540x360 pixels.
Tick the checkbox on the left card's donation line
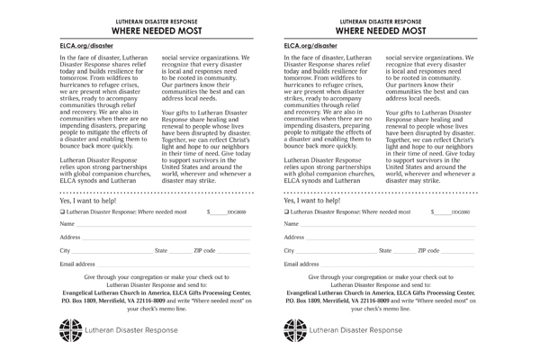point(62,211)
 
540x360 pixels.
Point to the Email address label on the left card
point(77,265)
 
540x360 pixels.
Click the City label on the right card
point(289,251)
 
